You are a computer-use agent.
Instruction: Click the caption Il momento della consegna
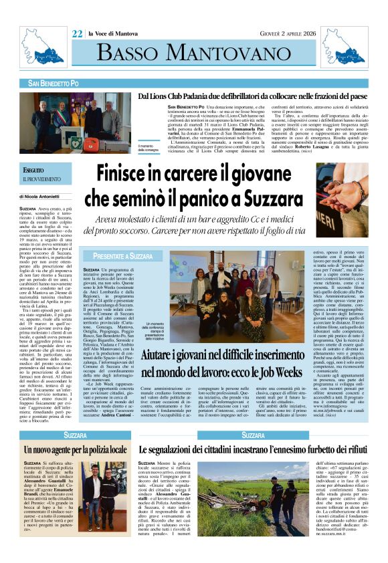pyautogui.click(x=149, y=148)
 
